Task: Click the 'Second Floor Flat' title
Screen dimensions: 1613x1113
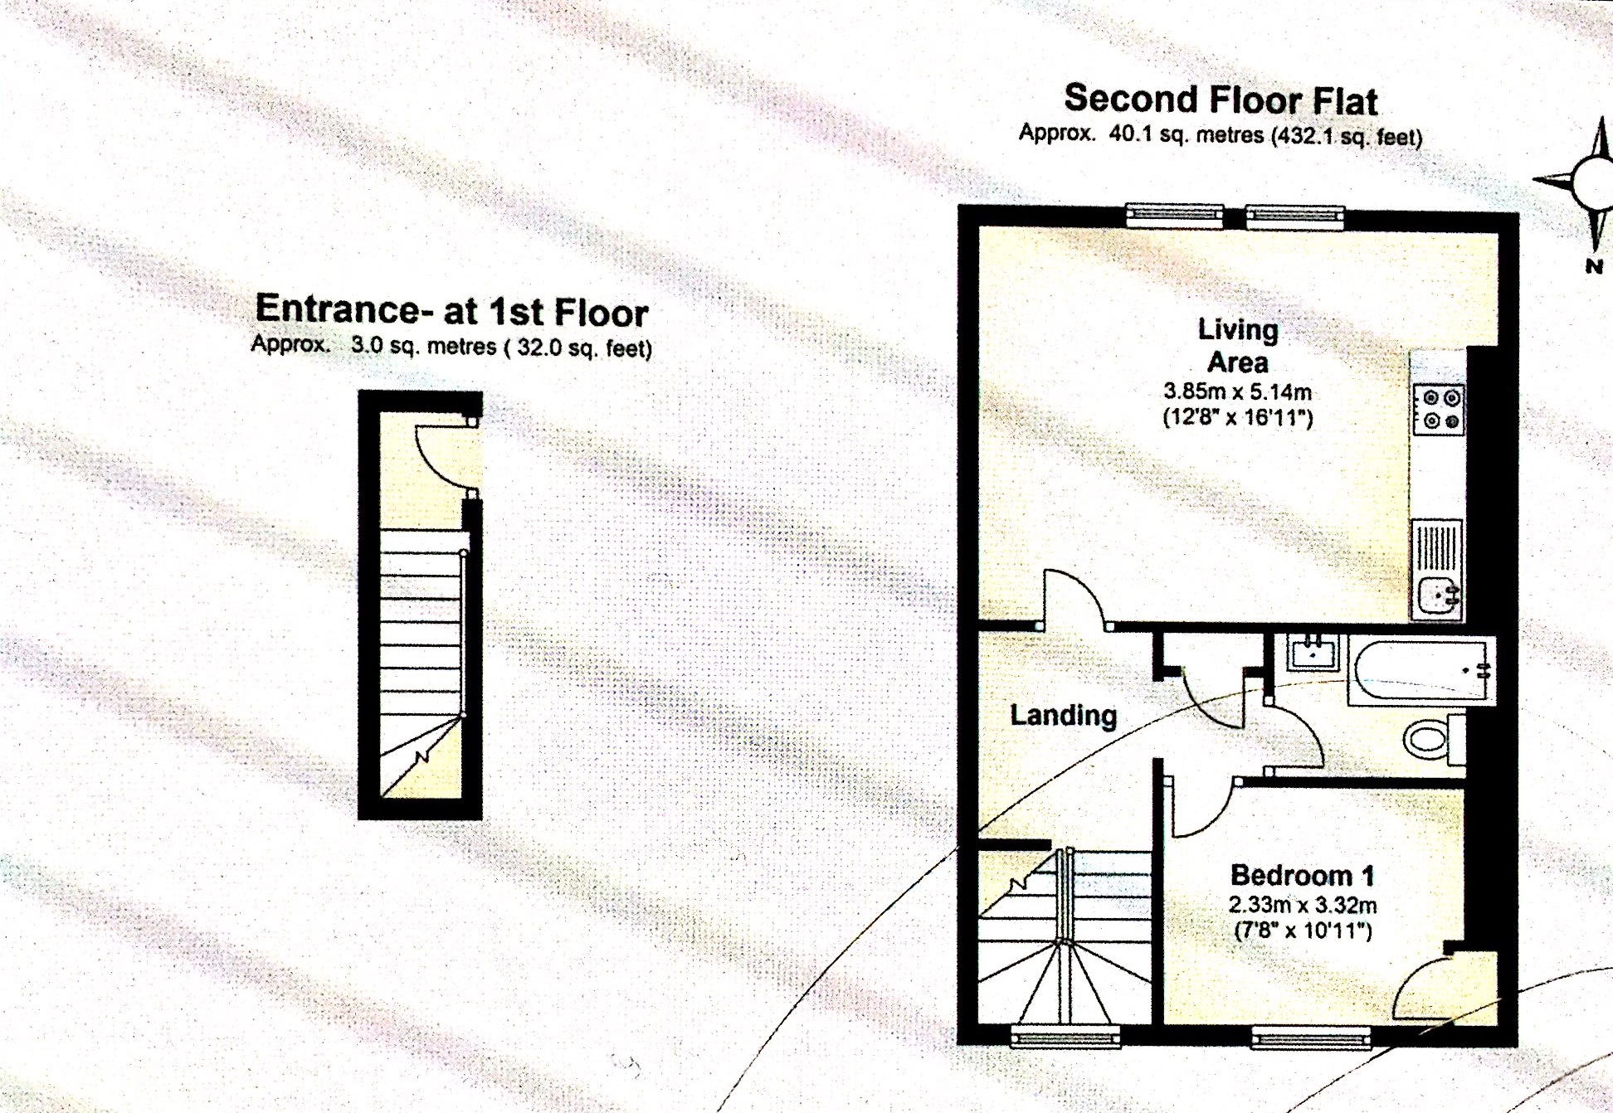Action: point(1221,100)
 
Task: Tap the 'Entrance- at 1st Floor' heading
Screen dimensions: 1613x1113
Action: point(451,310)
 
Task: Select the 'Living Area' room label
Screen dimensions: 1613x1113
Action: point(1238,345)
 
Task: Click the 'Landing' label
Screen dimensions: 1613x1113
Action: point(1063,715)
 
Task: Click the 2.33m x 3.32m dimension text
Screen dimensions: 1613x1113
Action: point(1303,904)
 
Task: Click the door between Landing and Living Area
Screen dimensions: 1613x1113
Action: point(1075,598)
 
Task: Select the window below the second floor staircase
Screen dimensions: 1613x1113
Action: point(1065,1036)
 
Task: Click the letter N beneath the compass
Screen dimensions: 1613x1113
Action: point(1594,266)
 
